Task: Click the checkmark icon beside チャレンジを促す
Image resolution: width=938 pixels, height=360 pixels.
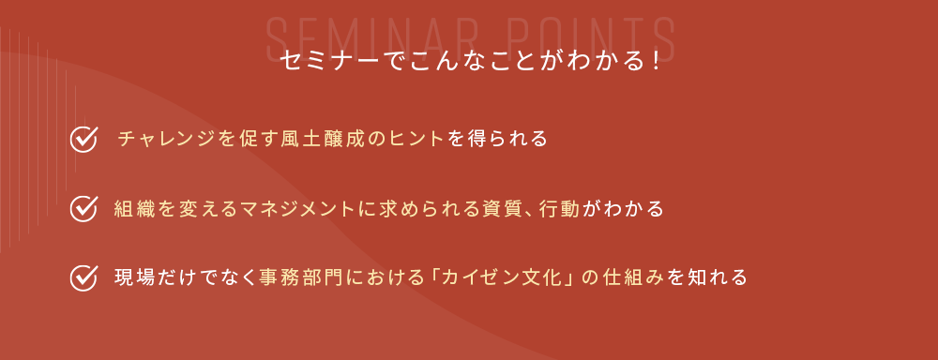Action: [x=83, y=140]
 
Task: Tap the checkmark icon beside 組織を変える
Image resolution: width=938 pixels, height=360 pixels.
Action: [x=83, y=209]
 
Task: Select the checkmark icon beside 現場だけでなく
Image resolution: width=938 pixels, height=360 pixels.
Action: [x=83, y=277]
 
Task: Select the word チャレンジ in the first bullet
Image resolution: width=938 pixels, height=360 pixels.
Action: [x=166, y=140]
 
